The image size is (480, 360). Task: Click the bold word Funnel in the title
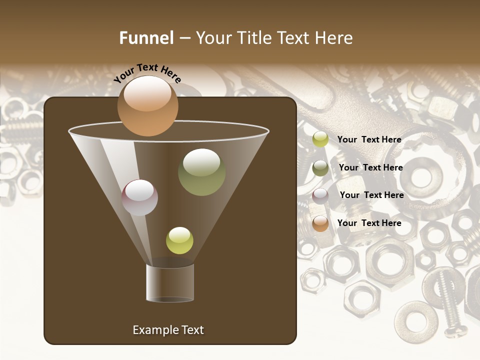click(146, 38)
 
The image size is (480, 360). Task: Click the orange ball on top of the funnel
click(147, 105)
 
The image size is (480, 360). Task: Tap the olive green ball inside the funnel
click(201, 172)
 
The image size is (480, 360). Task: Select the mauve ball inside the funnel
click(139, 197)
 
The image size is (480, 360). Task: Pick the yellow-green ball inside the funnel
click(179, 240)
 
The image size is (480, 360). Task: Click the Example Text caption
click(168, 330)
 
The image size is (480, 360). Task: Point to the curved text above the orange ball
click(147, 73)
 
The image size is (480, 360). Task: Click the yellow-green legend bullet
click(320, 139)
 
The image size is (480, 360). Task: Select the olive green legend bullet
click(320, 167)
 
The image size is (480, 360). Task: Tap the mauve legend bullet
click(320, 195)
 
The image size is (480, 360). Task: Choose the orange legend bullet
click(320, 223)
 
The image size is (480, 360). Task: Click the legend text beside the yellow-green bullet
click(369, 139)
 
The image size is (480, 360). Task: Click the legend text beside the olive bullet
click(370, 167)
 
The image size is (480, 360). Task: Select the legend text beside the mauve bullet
click(371, 195)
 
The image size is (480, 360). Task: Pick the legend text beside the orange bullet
click(369, 223)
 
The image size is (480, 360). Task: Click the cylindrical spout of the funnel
click(170, 283)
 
